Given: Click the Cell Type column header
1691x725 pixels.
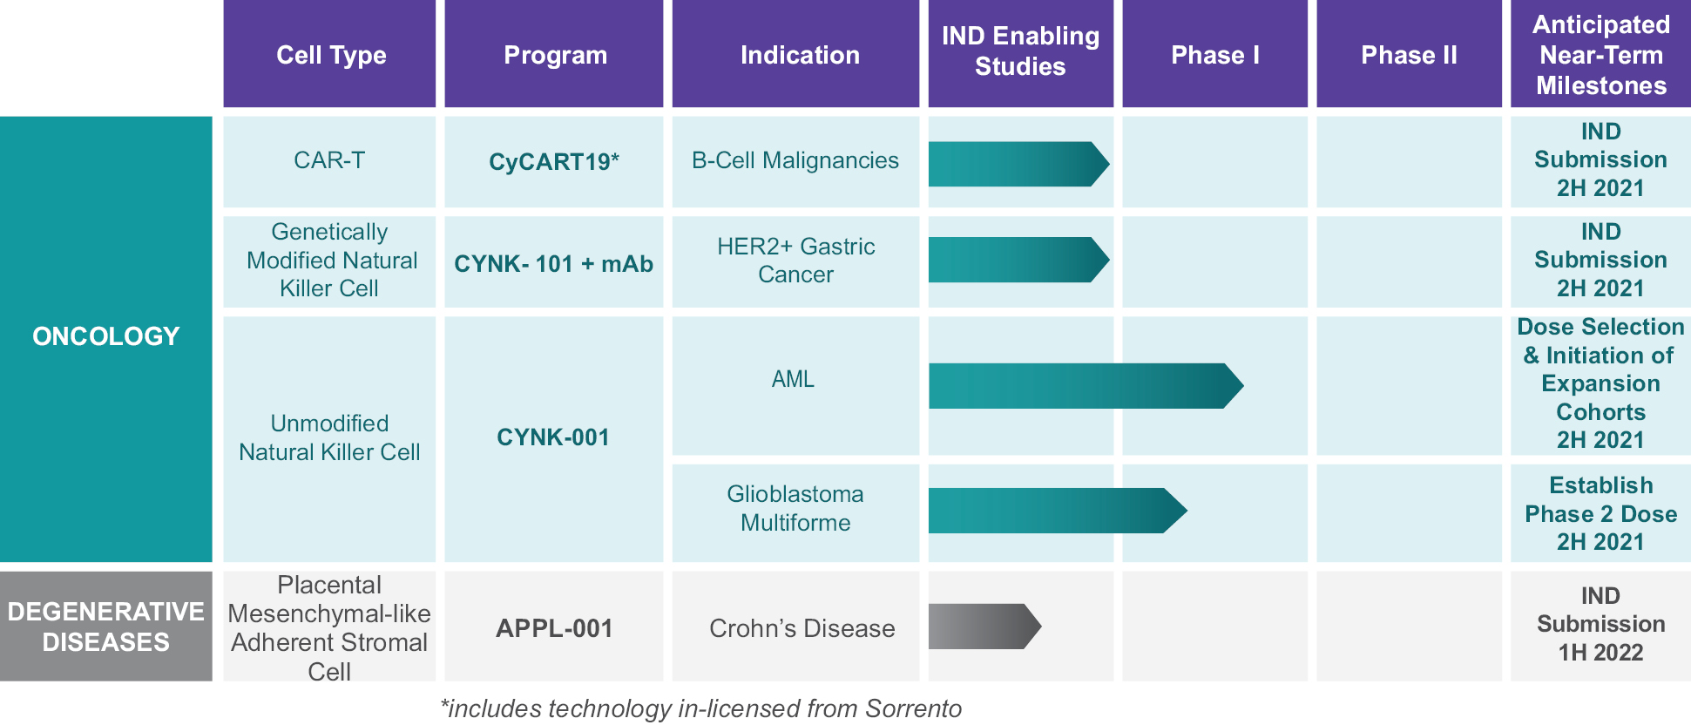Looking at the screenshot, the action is (x=331, y=55).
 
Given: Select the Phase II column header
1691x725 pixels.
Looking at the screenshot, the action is (x=1409, y=55).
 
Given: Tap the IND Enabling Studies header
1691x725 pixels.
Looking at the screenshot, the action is (x=1020, y=51).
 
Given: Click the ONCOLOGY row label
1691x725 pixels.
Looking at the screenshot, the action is (x=106, y=336).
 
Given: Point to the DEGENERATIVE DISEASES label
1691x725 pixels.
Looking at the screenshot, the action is (x=106, y=627).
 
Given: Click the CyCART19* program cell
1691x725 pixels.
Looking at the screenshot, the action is (x=554, y=161).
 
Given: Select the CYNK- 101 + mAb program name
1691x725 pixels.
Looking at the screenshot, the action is (x=554, y=263).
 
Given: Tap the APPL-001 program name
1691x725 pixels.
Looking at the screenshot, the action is (x=554, y=628).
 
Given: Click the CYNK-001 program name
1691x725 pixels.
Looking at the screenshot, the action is (x=553, y=437).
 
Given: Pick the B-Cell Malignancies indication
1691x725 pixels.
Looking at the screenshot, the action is (x=795, y=160).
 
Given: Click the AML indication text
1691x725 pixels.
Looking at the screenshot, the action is (x=793, y=379).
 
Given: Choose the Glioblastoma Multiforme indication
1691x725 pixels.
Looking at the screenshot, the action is (x=795, y=508).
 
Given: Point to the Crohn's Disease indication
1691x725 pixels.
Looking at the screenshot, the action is (x=802, y=628).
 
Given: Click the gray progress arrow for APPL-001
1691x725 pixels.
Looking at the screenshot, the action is (x=984, y=627).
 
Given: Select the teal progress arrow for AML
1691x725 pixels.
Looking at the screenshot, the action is (x=1086, y=386).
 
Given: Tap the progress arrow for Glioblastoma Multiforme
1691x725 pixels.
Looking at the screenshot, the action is (x=1058, y=511).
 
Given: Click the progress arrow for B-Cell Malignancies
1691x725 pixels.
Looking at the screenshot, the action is (x=1018, y=164).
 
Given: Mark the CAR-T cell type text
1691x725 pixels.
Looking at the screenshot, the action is (x=329, y=160).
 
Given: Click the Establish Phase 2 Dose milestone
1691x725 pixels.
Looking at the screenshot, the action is (x=1600, y=513).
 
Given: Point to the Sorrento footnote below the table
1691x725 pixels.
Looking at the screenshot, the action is (x=701, y=708).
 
